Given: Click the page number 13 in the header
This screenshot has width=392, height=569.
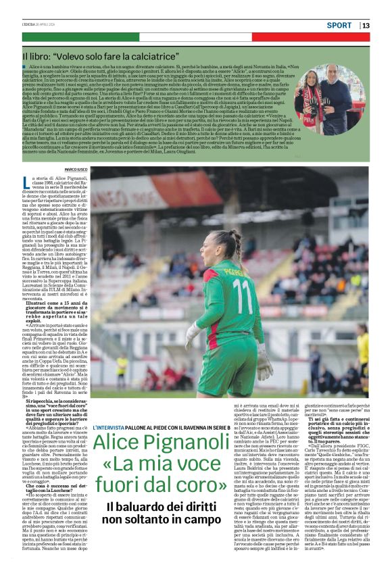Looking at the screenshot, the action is point(366,26).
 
